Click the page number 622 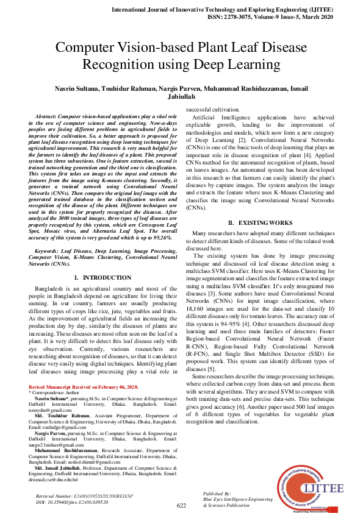point(181,506)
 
